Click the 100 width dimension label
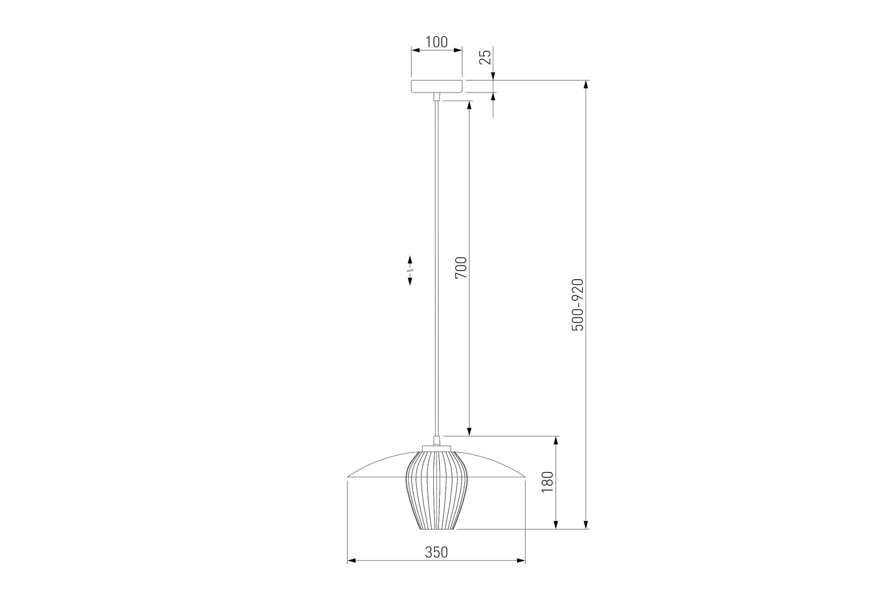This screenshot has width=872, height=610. tap(436, 42)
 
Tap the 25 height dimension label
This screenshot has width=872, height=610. tap(486, 57)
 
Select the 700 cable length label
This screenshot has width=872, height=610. tap(461, 268)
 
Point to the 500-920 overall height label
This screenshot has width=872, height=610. tap(578, 304)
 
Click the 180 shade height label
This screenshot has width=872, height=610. tap(547, 481)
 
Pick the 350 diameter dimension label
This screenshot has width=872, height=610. tap(436, 552)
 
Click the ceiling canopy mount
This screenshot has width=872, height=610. tap(437, 87)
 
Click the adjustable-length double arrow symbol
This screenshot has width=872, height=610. tap(410, 270)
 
